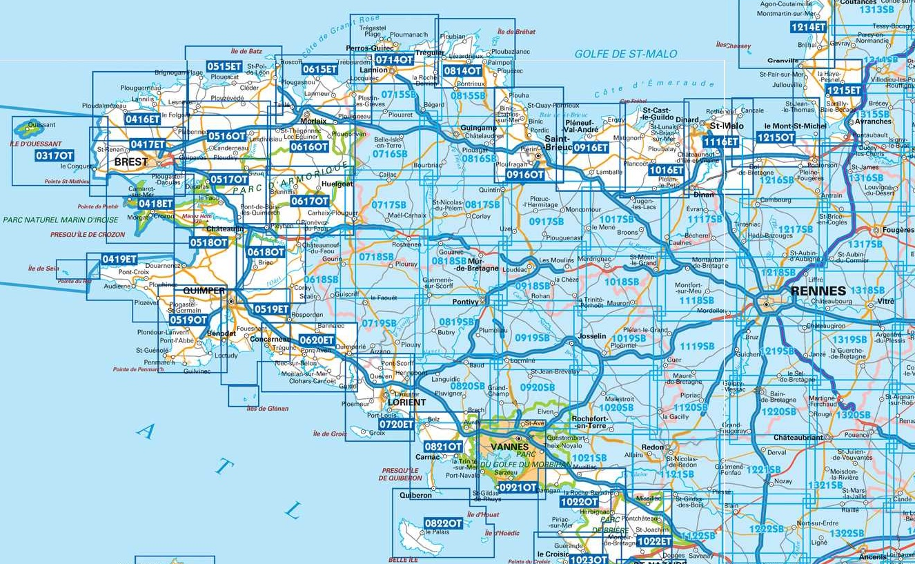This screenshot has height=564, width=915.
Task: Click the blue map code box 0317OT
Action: tap(54, 156)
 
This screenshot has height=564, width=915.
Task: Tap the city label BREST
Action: tap(131, 162)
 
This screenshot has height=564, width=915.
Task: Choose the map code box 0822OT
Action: tap(444, 524)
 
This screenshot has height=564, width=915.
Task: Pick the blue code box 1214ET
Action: tap(808, 27)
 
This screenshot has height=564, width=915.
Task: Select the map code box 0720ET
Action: tap(396, 425)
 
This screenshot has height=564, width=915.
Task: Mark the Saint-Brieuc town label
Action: tap(540, 142)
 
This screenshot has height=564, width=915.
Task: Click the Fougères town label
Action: tap(898, 231)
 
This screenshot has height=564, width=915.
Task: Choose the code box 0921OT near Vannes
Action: tap(518, 487)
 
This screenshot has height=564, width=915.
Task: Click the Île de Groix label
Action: tap(330, 434)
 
